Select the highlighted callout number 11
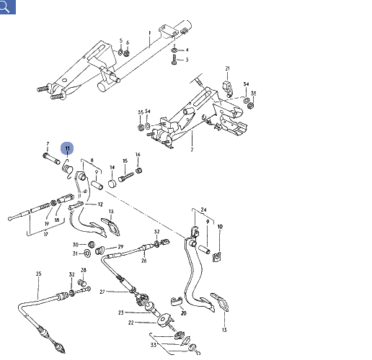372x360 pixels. pos(67,149)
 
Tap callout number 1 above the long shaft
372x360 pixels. pos(151,32)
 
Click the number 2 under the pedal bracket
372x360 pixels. pos(192,150)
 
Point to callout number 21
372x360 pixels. pos(227,69)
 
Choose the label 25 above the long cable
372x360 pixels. pos(39,274)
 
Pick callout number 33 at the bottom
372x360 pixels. pos(152,345)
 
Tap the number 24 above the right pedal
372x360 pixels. pos(204,210)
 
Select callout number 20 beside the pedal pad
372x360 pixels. pos(184,313)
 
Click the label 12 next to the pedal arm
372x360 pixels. pos(100,204)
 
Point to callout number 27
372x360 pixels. pos(102,291)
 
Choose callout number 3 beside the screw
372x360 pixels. pos(187,60)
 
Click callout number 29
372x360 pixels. pos(120,247)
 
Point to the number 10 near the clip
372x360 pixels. pos(220,227)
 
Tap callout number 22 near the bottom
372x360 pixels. pos(131,323)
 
